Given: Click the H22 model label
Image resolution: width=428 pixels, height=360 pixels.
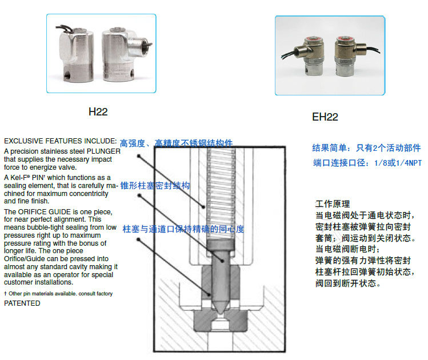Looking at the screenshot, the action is [x=98, y=111].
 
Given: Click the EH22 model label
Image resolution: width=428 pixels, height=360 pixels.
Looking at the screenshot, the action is [x=325, y=117].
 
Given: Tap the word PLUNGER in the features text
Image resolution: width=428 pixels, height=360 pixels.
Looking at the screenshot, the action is [x=103, y=151].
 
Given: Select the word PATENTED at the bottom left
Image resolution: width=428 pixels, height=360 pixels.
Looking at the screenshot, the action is [x=22, y=303].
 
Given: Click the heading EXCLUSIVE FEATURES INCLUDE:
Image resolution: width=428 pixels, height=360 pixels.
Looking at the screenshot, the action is [x=61, y=141].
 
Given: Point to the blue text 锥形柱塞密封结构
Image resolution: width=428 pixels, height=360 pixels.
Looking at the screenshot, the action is [x=155, y=186].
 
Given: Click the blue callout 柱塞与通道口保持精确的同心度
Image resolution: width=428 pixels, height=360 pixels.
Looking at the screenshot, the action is [x=183, y=229].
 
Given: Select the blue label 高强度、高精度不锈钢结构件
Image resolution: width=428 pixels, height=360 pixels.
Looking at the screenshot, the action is [x=177, y=143].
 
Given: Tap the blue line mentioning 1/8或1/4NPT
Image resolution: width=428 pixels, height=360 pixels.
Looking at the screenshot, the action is [x=367, y=163].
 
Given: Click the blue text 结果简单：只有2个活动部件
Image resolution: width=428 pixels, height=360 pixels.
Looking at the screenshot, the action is [x=366, y=148].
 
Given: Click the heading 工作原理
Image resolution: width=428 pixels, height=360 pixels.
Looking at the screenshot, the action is [x=333, y=204].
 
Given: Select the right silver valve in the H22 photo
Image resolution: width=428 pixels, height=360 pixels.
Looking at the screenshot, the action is [x=126, y=54].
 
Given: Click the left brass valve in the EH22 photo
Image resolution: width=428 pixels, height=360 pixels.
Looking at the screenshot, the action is [x=309, y=56].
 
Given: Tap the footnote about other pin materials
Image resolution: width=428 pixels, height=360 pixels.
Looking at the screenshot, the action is [x=58, y=294].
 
